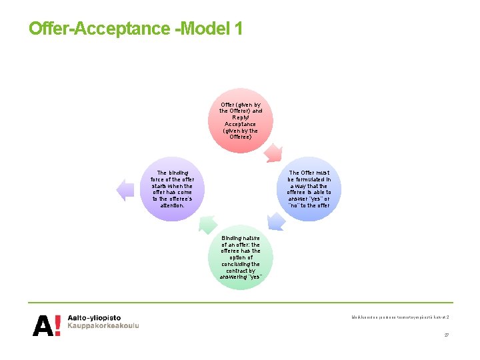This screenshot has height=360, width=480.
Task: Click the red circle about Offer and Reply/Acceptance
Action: [x=241, y=120]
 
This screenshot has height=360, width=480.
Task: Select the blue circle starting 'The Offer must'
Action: [x=309, y=189]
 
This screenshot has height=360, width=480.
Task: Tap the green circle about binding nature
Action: [x=241, y=257]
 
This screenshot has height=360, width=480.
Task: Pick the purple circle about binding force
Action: [x=172, y=189]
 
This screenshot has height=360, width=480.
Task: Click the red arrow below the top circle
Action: [x=273, y=154]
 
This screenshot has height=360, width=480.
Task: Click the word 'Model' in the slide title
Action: [x=203, y=29]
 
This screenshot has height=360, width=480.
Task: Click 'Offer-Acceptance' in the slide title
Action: [x=99, y=29]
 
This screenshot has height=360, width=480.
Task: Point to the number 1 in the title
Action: [x=238, y=29]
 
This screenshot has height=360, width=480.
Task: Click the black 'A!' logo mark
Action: [x=47, y=325]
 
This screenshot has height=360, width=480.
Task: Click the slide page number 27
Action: [x=446, y=335]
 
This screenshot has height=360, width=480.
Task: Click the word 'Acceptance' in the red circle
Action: [x=241, y=124]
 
